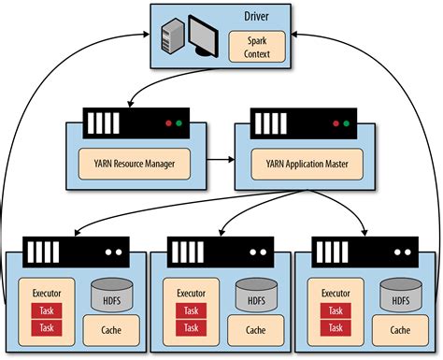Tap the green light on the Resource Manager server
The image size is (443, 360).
(178, 122)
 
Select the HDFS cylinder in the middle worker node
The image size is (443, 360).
(255, 295)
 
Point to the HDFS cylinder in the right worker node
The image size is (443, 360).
(399, 295)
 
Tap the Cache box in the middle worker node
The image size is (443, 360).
(255, 330)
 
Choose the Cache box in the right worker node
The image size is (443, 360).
(399, 330)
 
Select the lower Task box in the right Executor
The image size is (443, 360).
(336, 327)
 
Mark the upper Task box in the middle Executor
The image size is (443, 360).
(191, 310)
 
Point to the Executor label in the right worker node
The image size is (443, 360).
(336, 293)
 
